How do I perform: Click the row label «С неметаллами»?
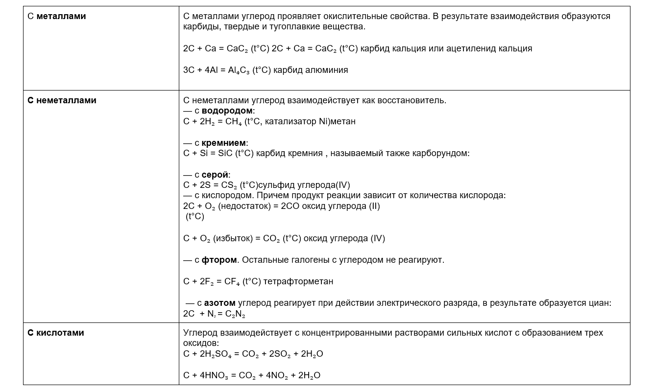click(x=62, y=100)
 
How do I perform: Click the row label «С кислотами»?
click(x=56, y=333)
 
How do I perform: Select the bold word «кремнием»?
click(x=224, y=143)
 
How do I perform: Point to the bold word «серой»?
click(x=215, y=175)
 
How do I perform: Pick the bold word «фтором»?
click(x=219, y=260)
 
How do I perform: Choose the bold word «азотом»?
click(x=219, y=303)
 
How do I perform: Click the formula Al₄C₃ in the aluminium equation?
click(x=239, y=70)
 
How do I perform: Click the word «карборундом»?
click(x=440, y=153)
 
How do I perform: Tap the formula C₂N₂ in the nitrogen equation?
click(x=235, y=314)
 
